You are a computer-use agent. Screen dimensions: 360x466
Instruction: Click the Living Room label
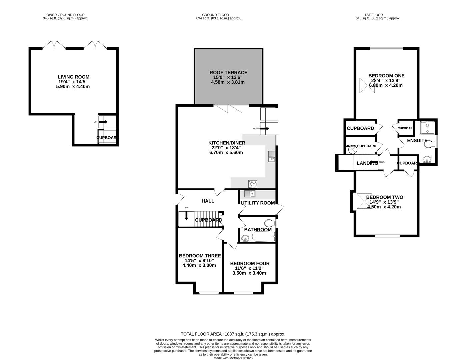[73, 77]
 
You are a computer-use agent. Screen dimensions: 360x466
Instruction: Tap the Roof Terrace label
[228, 72]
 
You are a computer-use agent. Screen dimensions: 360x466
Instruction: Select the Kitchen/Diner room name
[227, 143]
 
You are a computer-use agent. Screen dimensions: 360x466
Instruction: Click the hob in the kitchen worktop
[252, 184]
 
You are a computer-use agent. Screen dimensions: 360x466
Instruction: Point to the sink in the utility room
[249, 194]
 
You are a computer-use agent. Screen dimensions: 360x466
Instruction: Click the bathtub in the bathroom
[263, 237]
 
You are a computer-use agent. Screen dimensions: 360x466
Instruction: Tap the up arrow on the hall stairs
[186, 216]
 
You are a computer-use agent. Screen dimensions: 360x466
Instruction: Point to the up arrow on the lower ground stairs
[103, 122]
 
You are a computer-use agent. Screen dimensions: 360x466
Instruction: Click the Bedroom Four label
[250, 263]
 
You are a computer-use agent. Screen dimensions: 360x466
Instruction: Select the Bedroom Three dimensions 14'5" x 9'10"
[199, 261]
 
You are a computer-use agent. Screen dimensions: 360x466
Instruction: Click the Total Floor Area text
[233, 334]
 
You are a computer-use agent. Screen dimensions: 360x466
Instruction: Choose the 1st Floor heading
[373, 15]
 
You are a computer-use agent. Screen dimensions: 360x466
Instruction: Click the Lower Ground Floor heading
[64, 15]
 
